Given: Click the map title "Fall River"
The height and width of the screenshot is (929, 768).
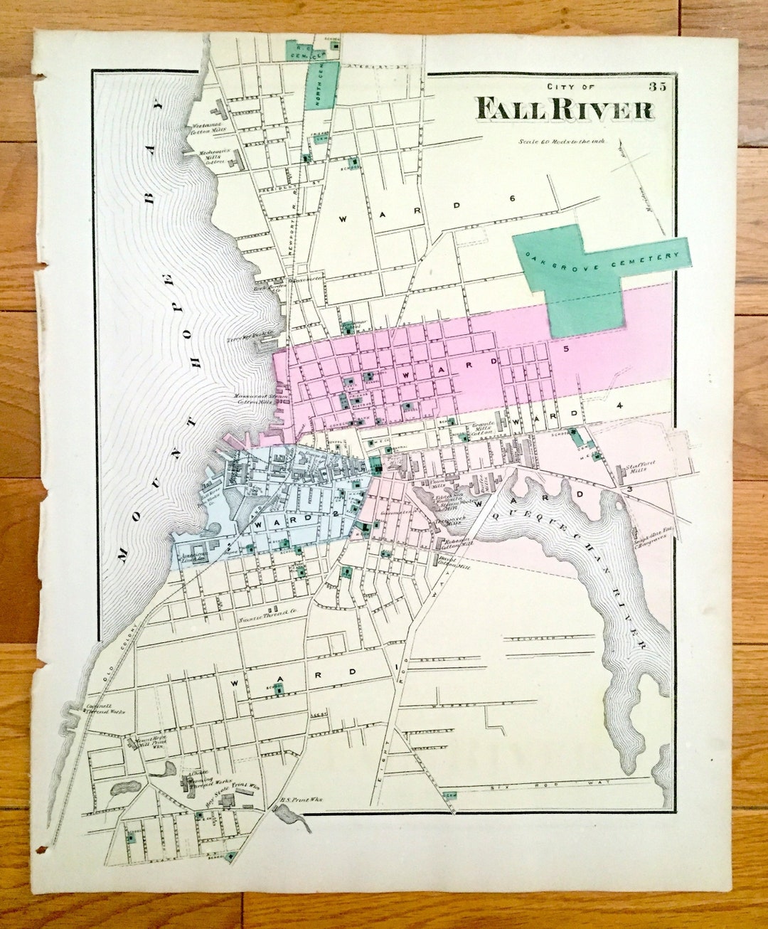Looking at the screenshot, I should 565,110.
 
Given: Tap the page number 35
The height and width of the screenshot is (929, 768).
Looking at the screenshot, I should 658,87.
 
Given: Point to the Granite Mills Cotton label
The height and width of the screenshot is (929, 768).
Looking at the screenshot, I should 483,428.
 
